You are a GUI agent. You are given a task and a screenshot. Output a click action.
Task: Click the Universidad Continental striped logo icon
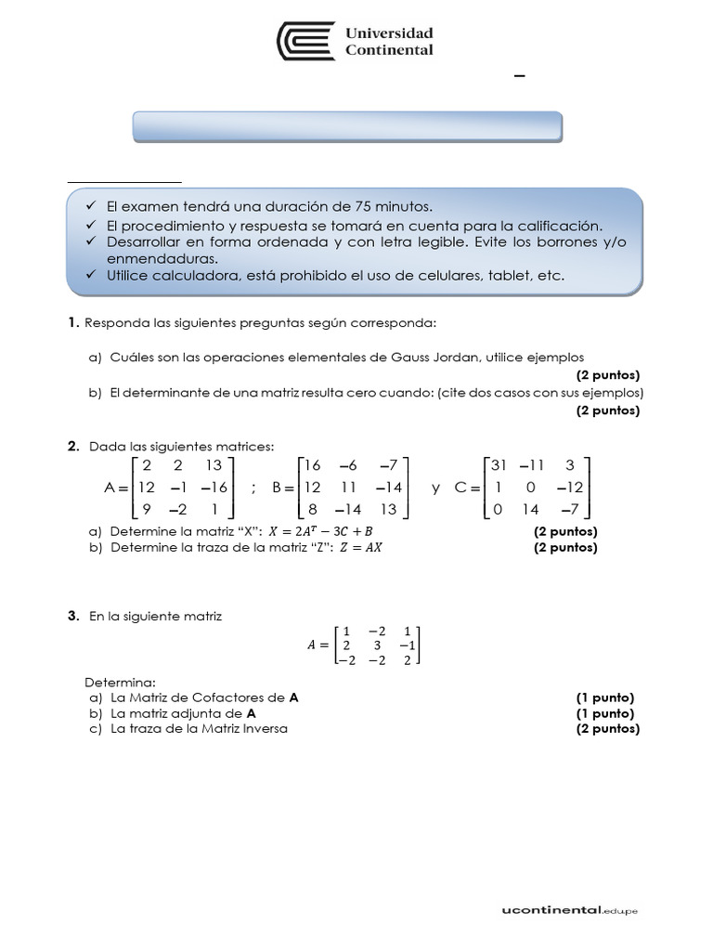pos(307,42)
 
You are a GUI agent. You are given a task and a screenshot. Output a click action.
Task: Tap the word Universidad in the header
pos(389,33)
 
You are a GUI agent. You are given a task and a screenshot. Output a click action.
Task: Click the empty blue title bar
pos(347,126)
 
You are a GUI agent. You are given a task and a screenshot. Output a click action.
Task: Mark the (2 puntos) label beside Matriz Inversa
pos(607,729)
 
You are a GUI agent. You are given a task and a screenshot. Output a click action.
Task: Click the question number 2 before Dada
pos(72,447)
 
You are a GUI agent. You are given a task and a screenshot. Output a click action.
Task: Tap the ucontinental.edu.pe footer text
pos(564,910)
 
